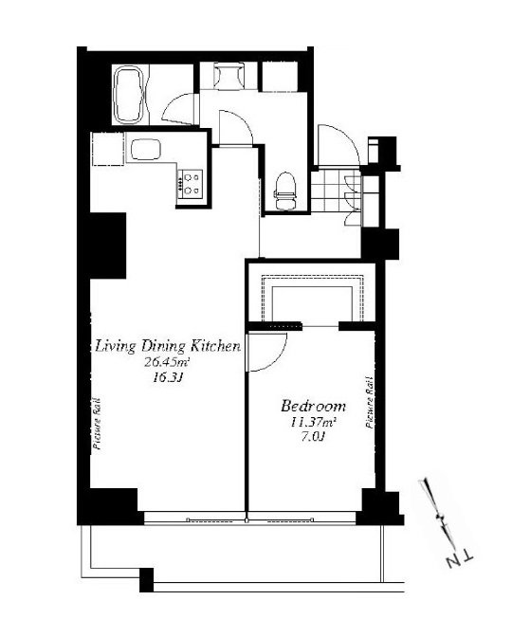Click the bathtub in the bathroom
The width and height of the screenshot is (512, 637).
129,94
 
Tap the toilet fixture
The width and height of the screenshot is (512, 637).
284,191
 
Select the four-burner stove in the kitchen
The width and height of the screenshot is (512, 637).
190,184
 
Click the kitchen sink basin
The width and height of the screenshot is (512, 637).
145,150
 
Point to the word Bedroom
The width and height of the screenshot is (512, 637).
313,406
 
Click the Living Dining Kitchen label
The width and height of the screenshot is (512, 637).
168,346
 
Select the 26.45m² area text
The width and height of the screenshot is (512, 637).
168,362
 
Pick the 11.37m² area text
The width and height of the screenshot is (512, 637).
313,422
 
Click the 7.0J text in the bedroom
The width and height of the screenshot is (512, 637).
313,437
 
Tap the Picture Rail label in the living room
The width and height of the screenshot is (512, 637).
97,423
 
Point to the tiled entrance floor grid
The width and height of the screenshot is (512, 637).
336,191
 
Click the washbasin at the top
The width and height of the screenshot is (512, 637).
229,76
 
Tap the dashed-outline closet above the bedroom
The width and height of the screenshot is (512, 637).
312,299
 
